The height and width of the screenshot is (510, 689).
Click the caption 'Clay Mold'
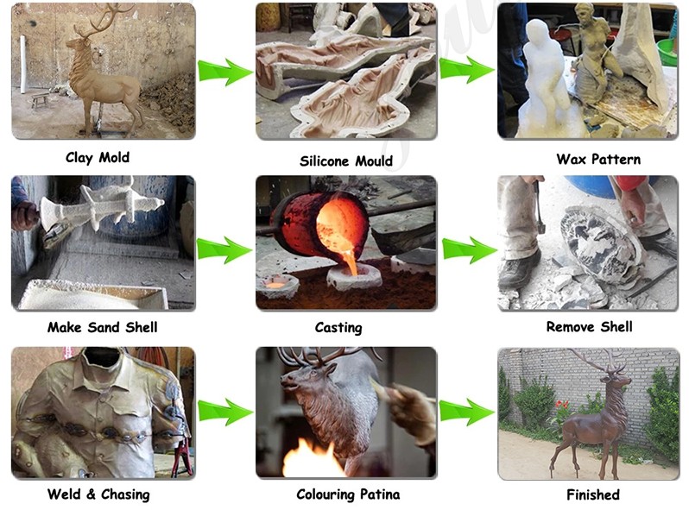coord(98,158)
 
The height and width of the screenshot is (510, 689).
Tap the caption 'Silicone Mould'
coord(346,161)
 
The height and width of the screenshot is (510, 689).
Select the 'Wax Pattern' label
coord(598,159)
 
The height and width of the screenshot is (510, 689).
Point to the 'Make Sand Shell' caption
coord(103,327)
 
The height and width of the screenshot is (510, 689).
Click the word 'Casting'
coord(338,328)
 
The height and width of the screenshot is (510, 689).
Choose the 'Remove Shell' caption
coord(589,327)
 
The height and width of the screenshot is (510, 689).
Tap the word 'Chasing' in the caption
coord(125,494)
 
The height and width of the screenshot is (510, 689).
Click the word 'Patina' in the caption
coord(380,494)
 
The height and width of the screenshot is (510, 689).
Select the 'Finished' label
coord(593,495)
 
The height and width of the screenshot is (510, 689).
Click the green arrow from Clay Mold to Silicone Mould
coord(225,72)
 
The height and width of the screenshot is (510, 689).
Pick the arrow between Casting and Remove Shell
coord(470,250)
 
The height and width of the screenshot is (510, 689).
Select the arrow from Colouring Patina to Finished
coord(466,412)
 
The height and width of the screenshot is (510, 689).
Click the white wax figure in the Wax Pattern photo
coord(544,79)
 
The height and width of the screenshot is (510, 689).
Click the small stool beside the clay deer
coord(41,100)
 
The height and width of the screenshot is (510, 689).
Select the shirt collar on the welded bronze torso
coord(102,374)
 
